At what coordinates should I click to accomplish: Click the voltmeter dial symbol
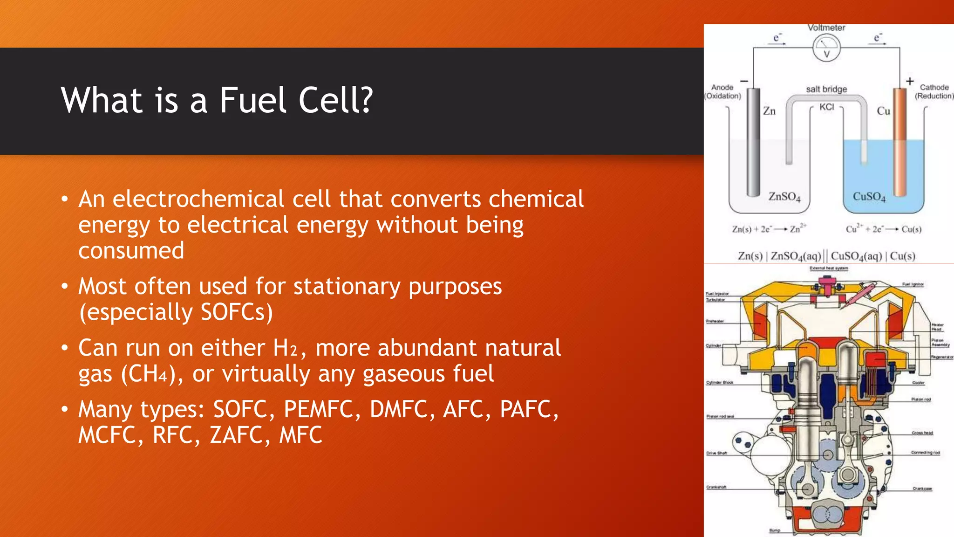(x=827, y=48)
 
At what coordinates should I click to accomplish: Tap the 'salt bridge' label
(x=826, y=89)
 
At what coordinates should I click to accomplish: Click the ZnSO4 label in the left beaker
(x=784, y=197)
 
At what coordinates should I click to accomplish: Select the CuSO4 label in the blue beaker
(x=869, y=197)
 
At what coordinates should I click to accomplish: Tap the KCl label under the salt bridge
(x=827, y=107)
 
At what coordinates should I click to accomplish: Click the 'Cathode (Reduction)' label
(x=934, y=92)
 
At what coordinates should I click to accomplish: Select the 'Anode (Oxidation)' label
(x=722, y=92)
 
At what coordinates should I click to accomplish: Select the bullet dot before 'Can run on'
(x=65, y=348)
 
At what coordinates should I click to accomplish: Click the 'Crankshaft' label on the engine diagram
(x=716, y=487)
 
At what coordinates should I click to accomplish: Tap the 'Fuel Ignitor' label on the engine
(x=913, y=284)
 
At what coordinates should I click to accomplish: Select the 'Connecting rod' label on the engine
(x=925, y=453)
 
